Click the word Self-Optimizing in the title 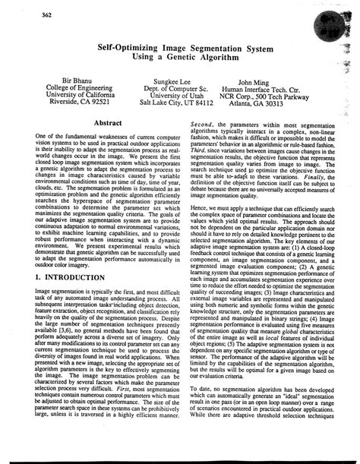pos(131,46)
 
